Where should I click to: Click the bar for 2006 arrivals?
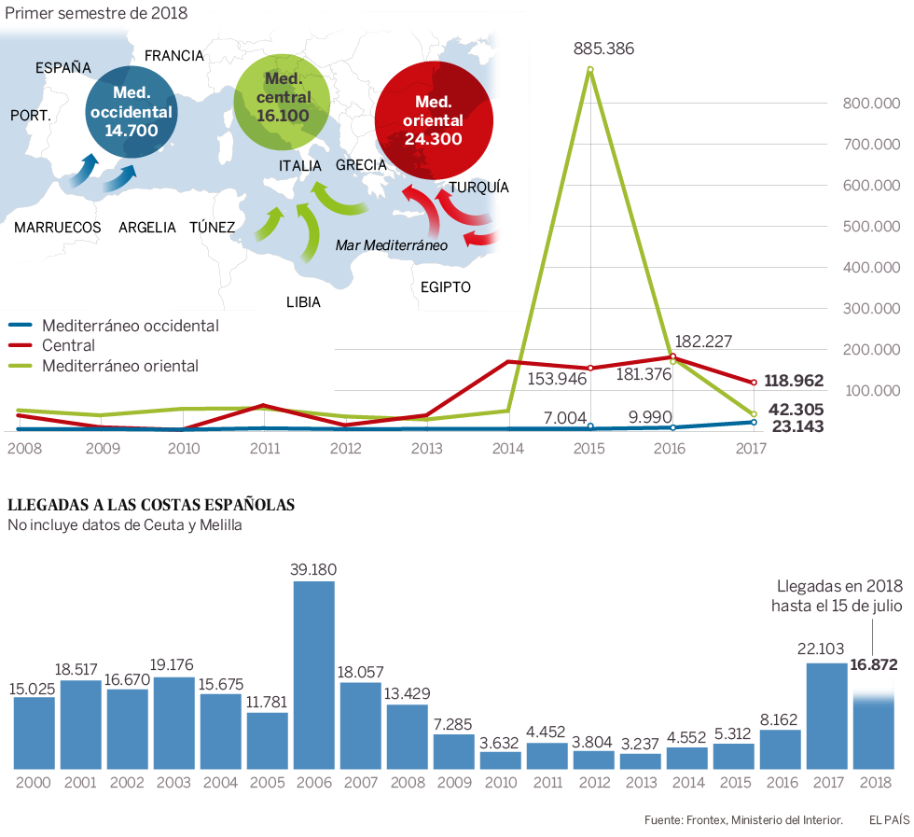pos(314,675)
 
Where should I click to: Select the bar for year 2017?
pos(826,716)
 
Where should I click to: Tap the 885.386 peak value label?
pos(604,49)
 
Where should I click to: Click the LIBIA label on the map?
pos(303,302)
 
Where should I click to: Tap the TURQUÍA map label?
pos(478,187)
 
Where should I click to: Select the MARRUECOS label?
pos(58,227)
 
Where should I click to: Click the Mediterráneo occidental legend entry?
pos(130,326)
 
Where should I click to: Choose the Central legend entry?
pos(69,346)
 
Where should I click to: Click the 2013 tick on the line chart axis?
pos(426,449)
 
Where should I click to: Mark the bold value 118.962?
pos(796,382)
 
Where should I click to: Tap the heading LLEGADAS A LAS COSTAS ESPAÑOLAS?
pos(151,505)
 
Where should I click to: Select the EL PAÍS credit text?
pos(889,820)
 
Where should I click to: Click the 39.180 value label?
pos(313,569)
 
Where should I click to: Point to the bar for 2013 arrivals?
pos(641,760)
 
